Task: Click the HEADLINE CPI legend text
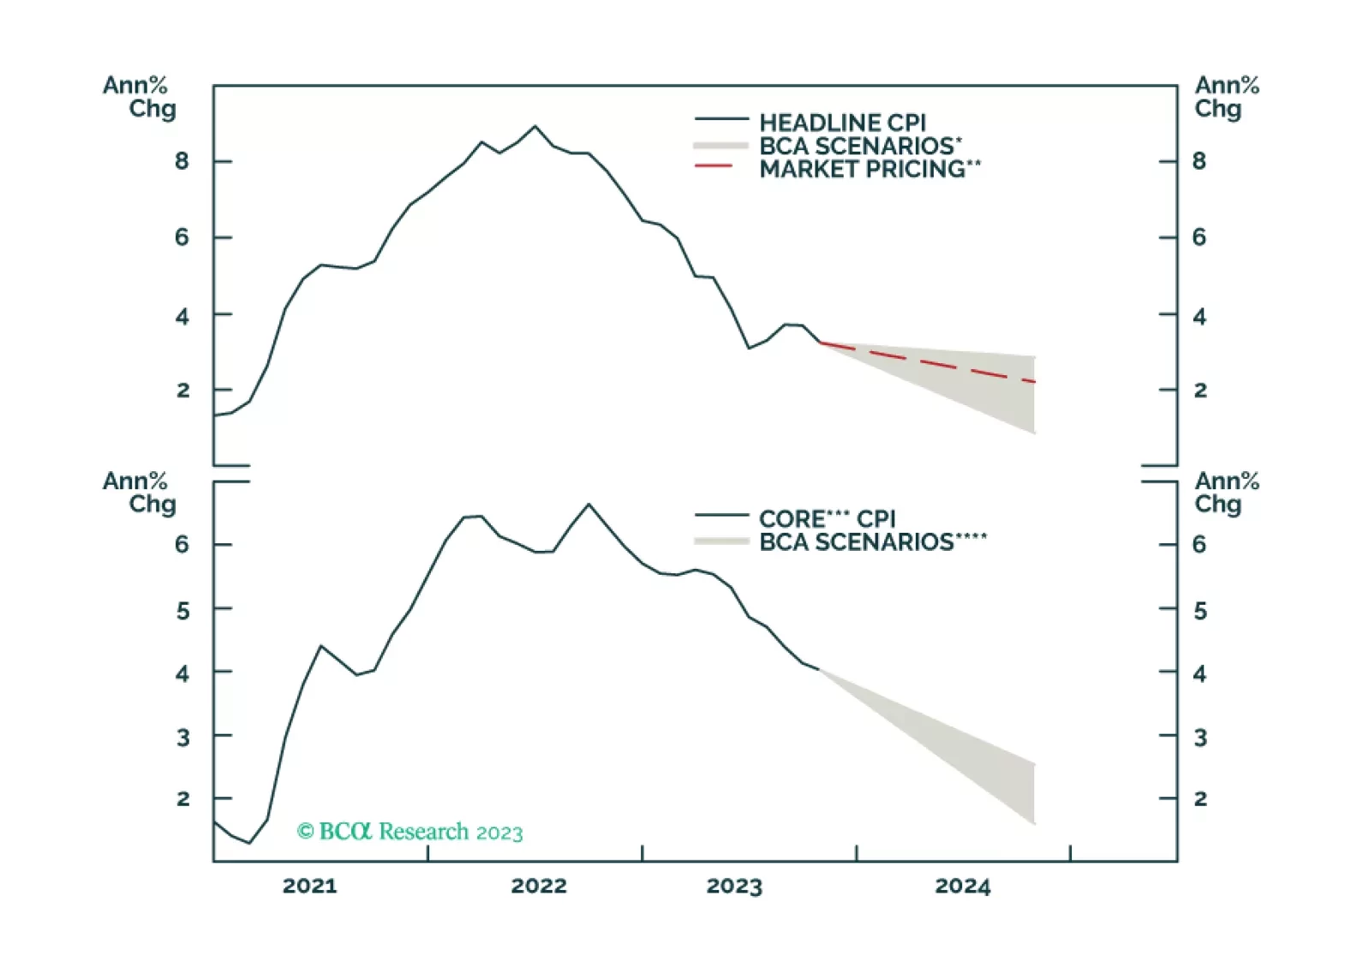tap(842, 122)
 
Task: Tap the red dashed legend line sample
tap(714, 165)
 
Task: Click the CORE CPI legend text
tap(827, 518)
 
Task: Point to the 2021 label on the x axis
tap(309, 886)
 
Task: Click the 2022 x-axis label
tap(538, 886)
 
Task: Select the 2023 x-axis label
tap(734, 886)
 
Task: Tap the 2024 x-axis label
tap(962, 886)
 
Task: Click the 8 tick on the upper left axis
tap(182, 161)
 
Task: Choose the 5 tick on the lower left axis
tap(182, 611)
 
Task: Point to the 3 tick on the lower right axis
tap(1199, 738)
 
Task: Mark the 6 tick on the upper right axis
tap(1199, 237)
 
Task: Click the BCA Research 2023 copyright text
tap(410, 832)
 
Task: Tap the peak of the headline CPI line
tap(535, 126)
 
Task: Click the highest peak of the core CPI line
tap(589, 504)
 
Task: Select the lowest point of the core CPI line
tap(249, 843)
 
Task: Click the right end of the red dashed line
tap(1035, 381)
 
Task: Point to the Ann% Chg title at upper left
tap(139, 97)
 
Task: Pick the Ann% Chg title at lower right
tap(1226, 493)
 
